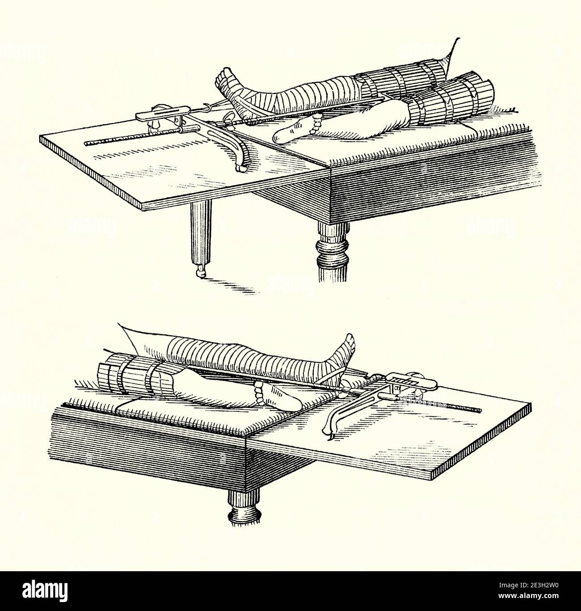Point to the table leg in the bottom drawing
tap(244, 505)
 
